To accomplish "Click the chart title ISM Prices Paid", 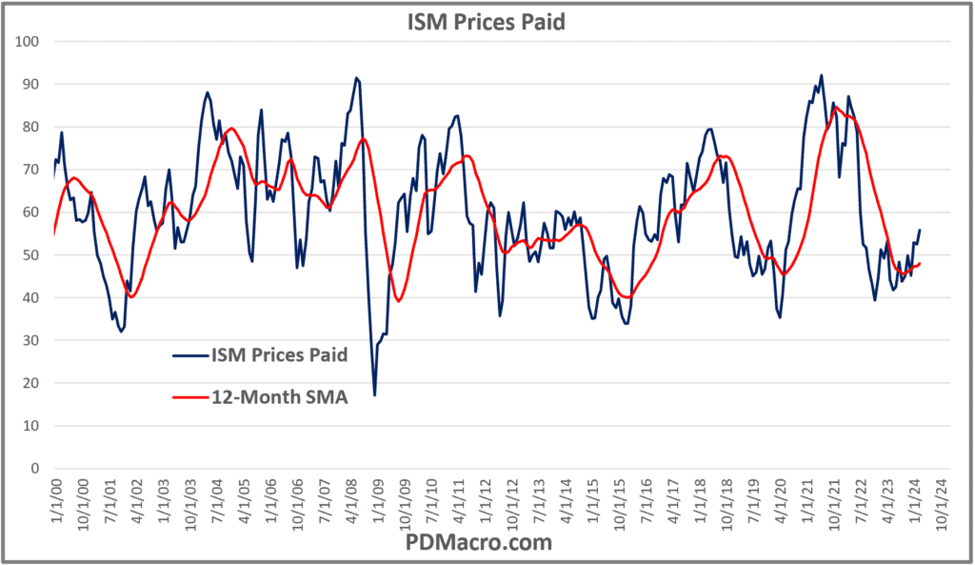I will coord(487,20).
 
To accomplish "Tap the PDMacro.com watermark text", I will coord(487,542).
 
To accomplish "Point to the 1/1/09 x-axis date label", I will coord(377,499).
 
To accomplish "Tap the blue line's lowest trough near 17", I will coord(374,394).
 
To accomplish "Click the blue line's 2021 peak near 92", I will coord(821,75).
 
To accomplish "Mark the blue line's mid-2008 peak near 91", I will coord(356,78).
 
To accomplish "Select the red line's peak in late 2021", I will coord(836,108).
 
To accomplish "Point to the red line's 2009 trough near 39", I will coord(398,301).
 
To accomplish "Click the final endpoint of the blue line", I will coord(920,230).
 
